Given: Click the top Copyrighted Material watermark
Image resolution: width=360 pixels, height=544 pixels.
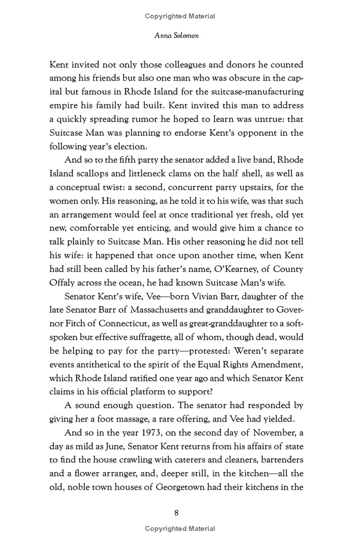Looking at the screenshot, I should tap(180, 16).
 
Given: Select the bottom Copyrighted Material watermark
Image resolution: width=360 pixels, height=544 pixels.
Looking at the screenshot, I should tap(180, 529).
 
